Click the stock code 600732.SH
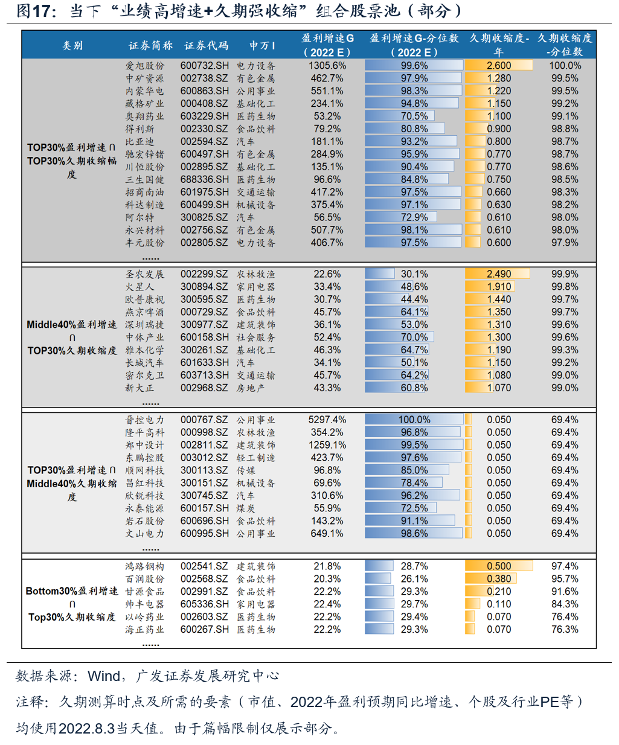(x=205, y=66)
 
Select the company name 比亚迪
(x=140, y=142)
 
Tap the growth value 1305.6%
(x=327, y=66)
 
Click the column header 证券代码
(x=207, y=46)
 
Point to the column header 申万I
(x=262, y=46)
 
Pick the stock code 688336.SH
(x=205, y=180)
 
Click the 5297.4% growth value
(x=327, y=420)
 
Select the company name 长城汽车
(x=144, y=363)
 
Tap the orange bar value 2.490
(x=498, y=274)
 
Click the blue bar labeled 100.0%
(x=414, y=420)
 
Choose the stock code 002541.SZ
(x=204, y=566)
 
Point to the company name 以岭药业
(x=144, y=617)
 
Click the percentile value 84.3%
(x=565, y=604)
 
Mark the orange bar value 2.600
(x=499, y=66)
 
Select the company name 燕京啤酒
(x=144, y=312)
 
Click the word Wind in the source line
(x=104, y=676)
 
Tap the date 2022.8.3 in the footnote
(x=86, y=728)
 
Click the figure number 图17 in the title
(x=33, y=11)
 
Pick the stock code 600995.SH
(x=205, y=534)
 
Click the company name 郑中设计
(x=144, y=446)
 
